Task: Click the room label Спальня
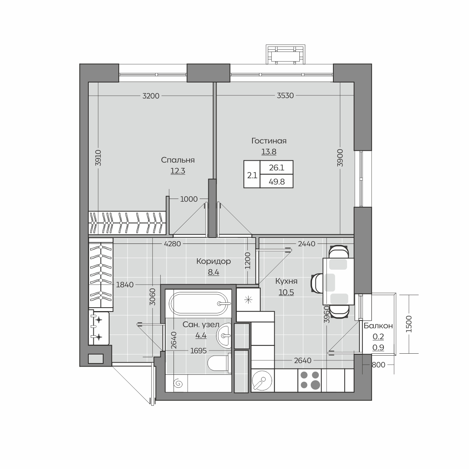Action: point(178,160)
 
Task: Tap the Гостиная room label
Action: point(269,141)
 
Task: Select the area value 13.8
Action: point(269,152)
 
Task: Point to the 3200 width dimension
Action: point(150,96)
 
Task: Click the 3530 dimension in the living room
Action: point(285,96)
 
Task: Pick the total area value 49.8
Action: point(276,182)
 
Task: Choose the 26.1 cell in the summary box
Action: point(276,168)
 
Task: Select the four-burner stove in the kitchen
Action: point(310,380)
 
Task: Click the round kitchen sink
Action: point(262,380)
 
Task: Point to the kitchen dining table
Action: point(338,281)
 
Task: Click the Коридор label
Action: point(213,261)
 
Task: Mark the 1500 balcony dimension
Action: point(409,324)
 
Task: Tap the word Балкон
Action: point(378,326)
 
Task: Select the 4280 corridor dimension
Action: point(173,243)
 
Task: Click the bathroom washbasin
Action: point(224,336)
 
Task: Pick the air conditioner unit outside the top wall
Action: point(285,54)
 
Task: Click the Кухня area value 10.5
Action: point(286,292)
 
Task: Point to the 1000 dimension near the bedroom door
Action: point(189,199)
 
